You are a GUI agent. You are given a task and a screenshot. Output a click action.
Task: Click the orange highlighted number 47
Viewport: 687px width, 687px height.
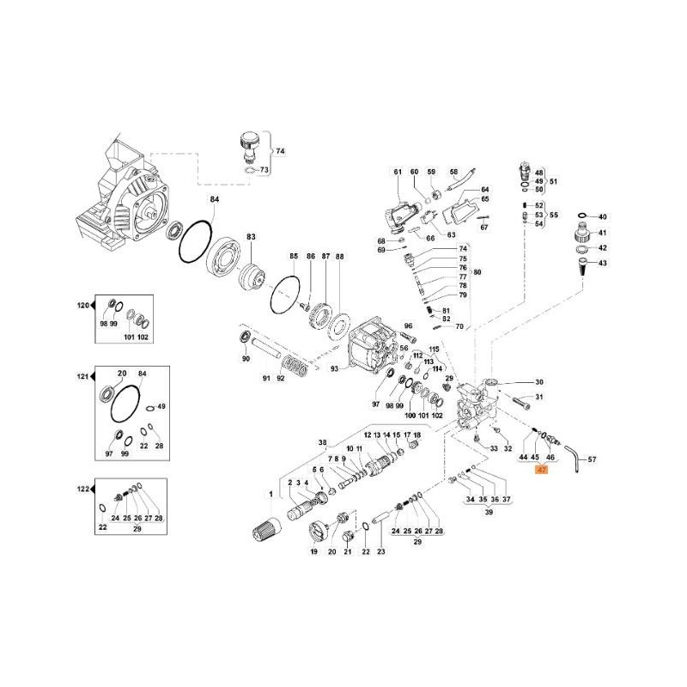[541, 471]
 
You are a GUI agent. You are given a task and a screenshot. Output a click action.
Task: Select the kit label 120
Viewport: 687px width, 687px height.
[82, 306]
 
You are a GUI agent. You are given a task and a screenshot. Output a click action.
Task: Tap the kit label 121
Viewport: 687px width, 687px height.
[82, 378]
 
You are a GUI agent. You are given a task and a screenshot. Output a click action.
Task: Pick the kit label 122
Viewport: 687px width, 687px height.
[82, 489]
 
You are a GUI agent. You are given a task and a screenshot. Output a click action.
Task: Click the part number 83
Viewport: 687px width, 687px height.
[252, 236]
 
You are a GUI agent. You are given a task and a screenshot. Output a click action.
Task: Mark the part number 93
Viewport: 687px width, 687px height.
[337, 369]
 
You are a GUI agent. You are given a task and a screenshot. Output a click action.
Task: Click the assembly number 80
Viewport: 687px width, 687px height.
[477, 272]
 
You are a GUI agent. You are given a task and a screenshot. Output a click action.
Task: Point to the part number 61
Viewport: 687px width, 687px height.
[398, 173]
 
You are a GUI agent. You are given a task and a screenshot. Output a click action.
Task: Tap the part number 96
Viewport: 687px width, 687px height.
[408, 326]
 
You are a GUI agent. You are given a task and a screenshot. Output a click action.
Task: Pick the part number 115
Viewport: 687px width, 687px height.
[435, 349]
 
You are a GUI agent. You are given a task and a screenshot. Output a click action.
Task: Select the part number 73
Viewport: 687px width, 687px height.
[264, 170]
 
